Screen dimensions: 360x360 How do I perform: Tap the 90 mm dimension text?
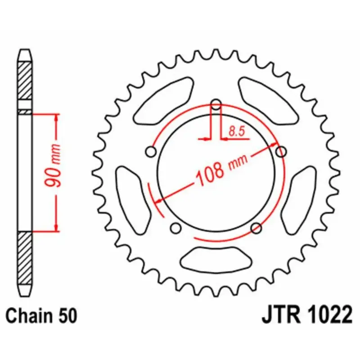[x=53, y=165]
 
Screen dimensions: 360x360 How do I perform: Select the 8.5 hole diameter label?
[x=237, y=132]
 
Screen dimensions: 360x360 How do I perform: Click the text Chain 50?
[x=41, y=316]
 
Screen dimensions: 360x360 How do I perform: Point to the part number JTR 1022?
[x=307, y=315]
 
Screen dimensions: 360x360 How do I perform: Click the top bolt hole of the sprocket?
[x=216, y=104]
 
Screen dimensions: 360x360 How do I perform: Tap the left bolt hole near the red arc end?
[x=151, y=152]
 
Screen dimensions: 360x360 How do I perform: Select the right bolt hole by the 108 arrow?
[x=281, y=152]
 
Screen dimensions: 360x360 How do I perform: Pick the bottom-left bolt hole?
[x=176, y=228]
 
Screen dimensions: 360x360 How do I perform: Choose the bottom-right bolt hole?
[x=256, y=228]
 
